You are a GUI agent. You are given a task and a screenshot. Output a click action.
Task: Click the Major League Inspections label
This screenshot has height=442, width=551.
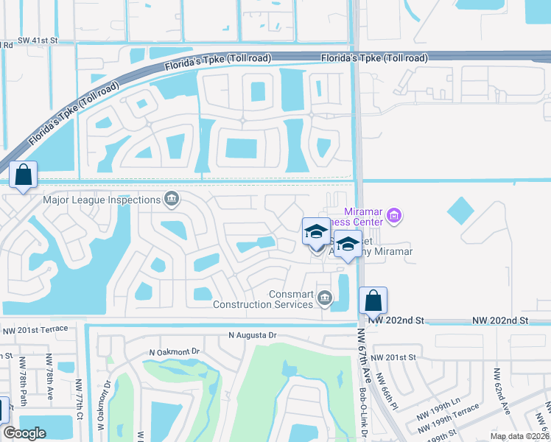coord(102,200)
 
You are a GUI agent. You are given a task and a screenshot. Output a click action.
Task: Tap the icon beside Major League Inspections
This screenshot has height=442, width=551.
coord(171,199)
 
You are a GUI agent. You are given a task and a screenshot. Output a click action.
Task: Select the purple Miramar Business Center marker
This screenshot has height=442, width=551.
coord(394,216)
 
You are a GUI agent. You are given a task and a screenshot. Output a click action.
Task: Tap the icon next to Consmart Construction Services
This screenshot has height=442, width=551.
coord(325,298)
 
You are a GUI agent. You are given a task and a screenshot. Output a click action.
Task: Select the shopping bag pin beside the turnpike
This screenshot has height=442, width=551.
coord(24,175)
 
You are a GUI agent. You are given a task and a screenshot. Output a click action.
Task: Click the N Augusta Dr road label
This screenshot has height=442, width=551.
coord(252,335)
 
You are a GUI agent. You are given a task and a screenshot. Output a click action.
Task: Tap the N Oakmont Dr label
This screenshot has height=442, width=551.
coord(175,351)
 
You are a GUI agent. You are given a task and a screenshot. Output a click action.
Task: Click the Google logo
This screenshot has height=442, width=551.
coord(24,433)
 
